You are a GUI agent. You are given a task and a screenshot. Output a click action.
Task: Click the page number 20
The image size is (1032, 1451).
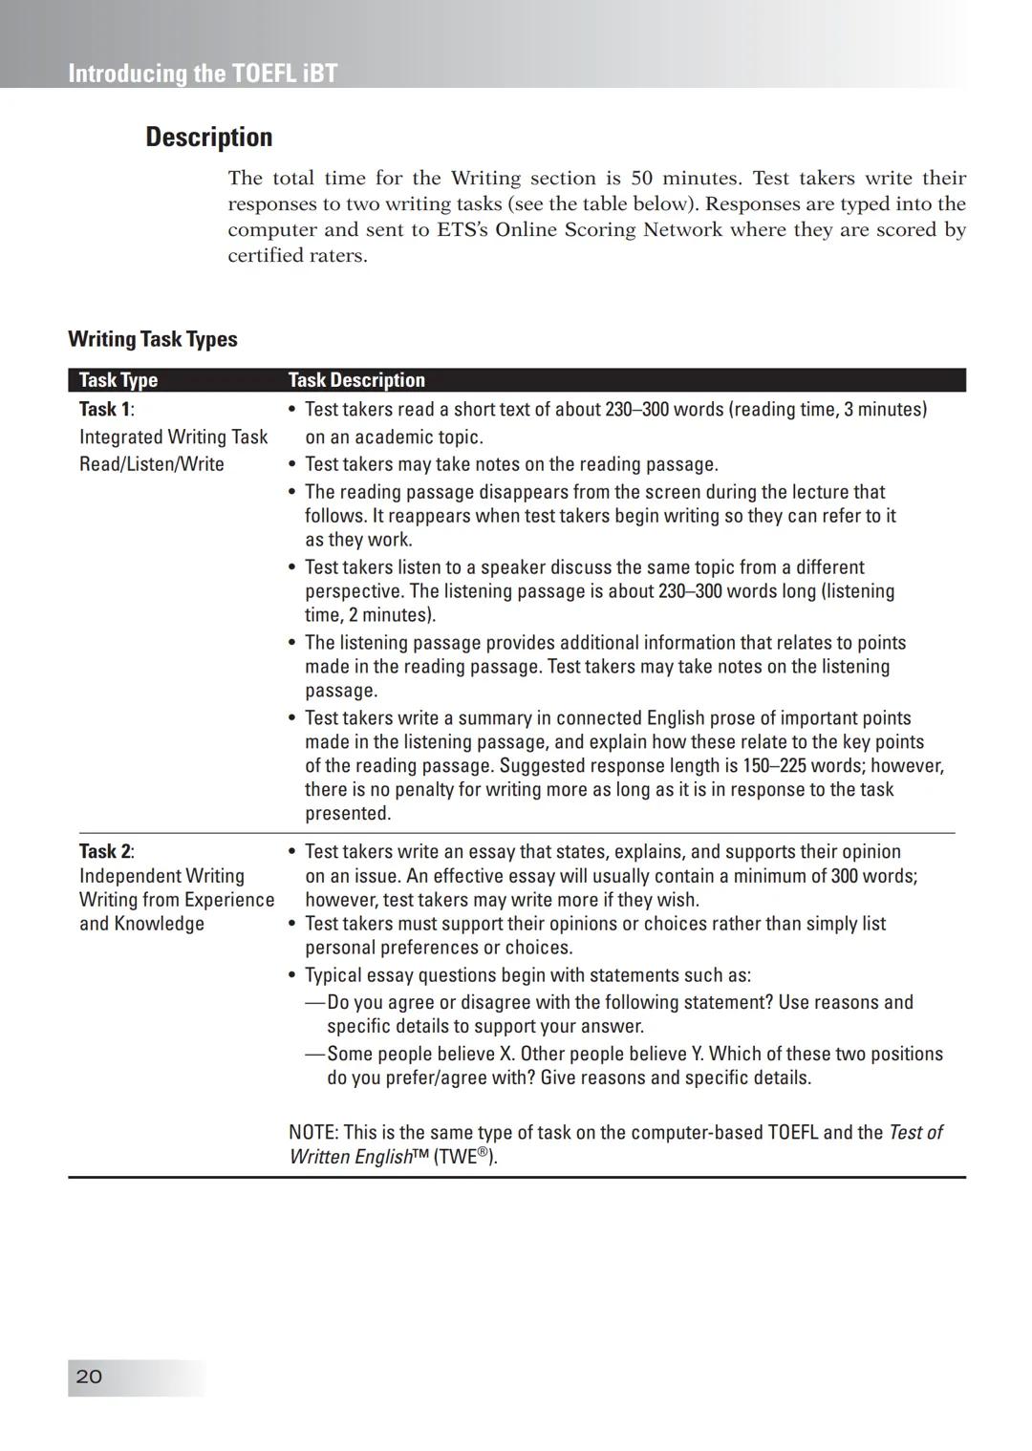point(89,1376)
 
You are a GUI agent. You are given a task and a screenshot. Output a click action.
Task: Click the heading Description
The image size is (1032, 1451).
point(208,137)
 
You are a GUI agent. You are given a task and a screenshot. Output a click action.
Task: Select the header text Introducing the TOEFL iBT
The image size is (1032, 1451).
point(203,74)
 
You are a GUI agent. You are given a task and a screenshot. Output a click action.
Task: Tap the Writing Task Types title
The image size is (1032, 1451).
point(153,339)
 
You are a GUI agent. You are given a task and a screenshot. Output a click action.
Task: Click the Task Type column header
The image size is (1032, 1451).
point(118,380)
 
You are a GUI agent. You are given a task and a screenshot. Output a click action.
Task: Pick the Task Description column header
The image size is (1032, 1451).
point(356,380)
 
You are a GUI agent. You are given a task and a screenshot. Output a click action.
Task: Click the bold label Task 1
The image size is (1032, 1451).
point(104,409)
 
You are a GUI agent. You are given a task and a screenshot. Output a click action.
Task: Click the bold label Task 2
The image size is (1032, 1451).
point(104,851)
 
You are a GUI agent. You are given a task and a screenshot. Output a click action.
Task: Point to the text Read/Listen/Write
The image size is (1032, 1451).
point(152,464)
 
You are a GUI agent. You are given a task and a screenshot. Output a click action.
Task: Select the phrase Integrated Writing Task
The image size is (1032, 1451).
point(173,437)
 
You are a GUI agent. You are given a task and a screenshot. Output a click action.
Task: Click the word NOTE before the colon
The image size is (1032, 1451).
point(312,1132)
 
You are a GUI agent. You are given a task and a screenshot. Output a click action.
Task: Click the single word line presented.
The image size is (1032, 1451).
point(348,813)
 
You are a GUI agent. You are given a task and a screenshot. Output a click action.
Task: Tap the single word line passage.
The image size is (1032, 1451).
point(341,690)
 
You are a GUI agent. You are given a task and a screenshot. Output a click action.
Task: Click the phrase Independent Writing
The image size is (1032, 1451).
point(161,876)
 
